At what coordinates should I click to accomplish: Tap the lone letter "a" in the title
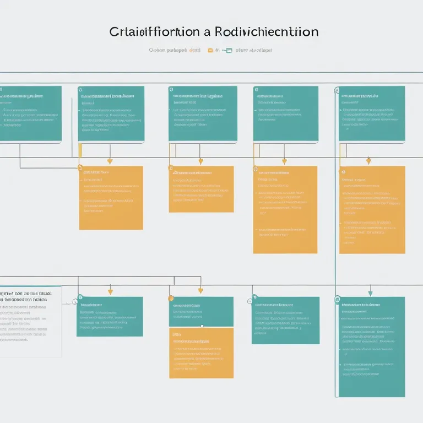(x=207, y=32)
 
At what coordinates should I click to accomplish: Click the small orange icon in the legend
(x=210, y=50)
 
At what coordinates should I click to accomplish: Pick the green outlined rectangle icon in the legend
(x=229, y=50)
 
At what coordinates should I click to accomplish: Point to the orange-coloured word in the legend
(x=194, y=50)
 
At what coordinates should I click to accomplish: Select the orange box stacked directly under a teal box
(x=201, y=352)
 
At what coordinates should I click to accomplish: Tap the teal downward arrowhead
(x=370, y=292)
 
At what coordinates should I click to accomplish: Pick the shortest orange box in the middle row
(x=201, y=189)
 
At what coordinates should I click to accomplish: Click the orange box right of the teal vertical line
(x=372, y=209)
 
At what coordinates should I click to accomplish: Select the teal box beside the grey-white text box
(x=110, y=316)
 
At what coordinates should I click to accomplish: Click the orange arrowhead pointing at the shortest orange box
(x=200, y=161)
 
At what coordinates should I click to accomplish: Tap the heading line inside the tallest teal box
(x=360, y=304)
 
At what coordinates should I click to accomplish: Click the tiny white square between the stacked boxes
(x=202, y=326)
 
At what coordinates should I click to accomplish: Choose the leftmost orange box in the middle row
(x=111, y=197)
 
